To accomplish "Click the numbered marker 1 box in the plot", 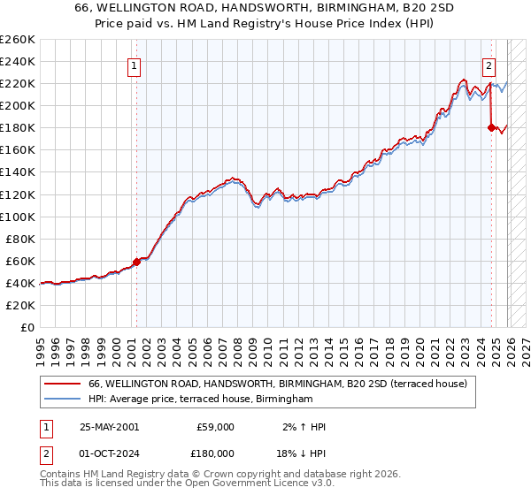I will point(135,65).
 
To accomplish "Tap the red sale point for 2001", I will point(136,262).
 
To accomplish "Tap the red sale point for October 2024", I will point(491,127).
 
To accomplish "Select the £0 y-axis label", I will point(27,327).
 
